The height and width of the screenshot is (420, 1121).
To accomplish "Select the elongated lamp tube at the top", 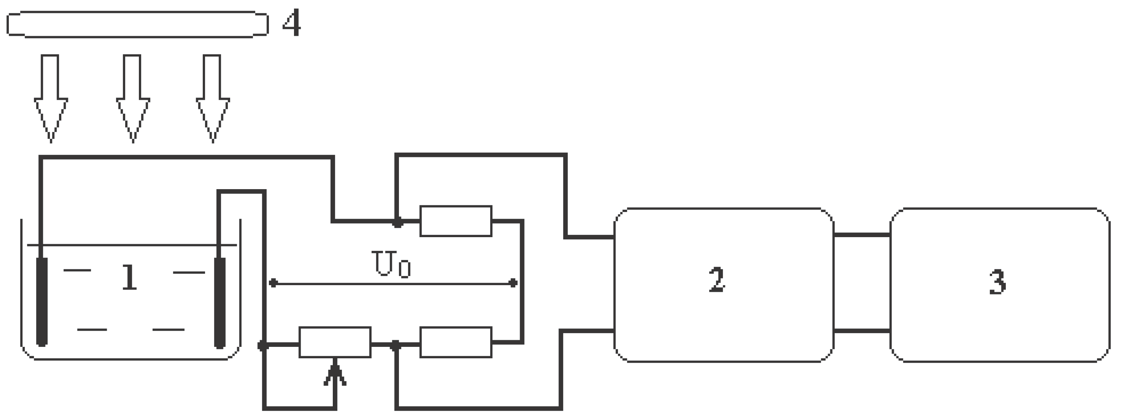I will click(x=137, y=24).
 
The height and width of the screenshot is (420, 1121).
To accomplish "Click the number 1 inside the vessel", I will click(x=129, y=277).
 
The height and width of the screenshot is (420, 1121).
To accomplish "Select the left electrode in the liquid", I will click(x=42, y=302).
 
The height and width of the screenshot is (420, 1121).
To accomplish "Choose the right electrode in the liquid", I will click(x=220, y=303).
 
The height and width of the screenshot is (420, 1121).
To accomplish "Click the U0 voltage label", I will click(x=391, y=264).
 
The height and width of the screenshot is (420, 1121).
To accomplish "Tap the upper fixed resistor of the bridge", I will click(x=456, y=221).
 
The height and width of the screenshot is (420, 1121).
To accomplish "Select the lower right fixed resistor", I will click(x=456, y=342).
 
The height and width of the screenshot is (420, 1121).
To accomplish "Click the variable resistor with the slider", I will click(x=335, y=342).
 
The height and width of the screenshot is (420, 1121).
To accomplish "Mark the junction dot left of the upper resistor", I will click(x=397, y=222).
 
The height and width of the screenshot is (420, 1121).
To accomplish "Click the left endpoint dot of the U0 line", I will click(x=273, y=283).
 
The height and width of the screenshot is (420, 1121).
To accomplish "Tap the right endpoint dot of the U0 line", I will click(x=513, y=283).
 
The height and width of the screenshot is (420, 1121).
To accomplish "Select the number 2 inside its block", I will click(x=717, y=280).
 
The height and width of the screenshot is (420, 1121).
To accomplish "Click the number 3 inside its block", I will click(x=997, y=282).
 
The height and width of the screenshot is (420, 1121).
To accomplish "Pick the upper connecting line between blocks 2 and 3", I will click(x=862, y=235).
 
